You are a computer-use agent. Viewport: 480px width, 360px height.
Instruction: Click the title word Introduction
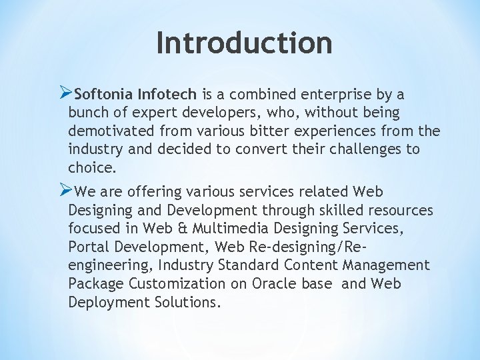(x=244, y=43)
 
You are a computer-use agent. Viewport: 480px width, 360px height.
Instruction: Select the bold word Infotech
(x=169, y=95)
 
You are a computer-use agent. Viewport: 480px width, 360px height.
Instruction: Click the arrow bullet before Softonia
(x=65, y=93)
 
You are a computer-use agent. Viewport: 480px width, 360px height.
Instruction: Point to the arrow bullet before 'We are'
(x=65, y=191)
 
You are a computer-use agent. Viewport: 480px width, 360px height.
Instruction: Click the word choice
(x=90, y=167)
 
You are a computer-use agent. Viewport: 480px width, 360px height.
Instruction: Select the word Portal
(x=89, y=247)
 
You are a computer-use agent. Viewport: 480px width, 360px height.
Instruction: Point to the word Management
(x=387, y=265)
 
